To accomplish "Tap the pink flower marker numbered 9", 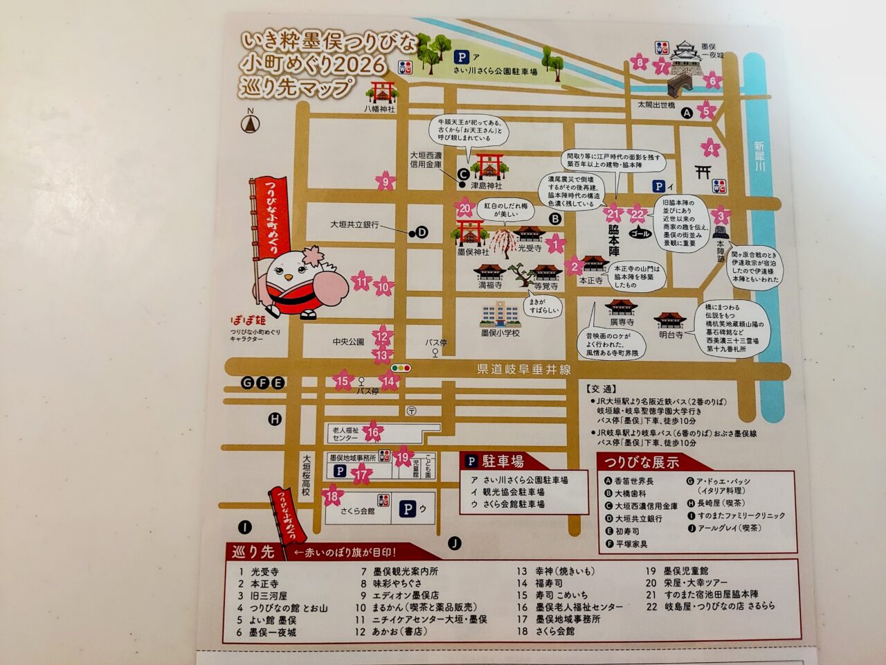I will tap(386, 182).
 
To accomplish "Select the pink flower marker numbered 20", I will tap(465, 209).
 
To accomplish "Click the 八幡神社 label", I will tap(380, 109).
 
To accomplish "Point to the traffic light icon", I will tap(401, 369).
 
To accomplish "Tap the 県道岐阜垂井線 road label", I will tap(524, 370).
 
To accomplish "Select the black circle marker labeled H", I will tap(275, 419).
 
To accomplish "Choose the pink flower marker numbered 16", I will tap(373, 433).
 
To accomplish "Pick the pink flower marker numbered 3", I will tap(721, 216).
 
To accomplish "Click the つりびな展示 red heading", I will tap(642, 463).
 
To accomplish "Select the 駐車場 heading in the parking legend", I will tap(503, 461).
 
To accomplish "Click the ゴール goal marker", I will tap(641, 233).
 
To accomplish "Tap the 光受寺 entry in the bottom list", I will tap(265, 572).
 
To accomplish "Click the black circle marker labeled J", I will tap(455, 543).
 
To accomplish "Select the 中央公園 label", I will tap(348, 342).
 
